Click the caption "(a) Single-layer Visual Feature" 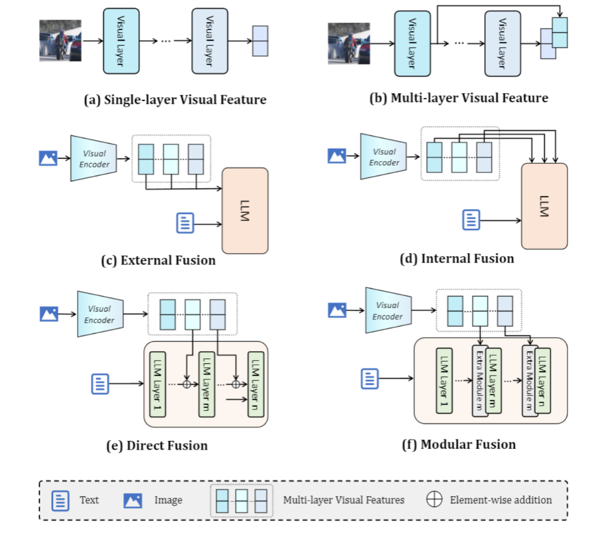point(175,100)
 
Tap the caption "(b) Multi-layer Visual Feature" point(459,98)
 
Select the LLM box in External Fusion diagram point(245,210)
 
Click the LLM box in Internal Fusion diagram point(544,206)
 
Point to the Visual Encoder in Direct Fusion point(99,314)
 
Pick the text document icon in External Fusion point(185,223)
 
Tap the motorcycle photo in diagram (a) point(60,41)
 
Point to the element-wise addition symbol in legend point(434,499)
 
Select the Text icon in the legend point(60,500)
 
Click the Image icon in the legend point(133,500)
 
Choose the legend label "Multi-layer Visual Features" point(343,500)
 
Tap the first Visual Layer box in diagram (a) point(120,41)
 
